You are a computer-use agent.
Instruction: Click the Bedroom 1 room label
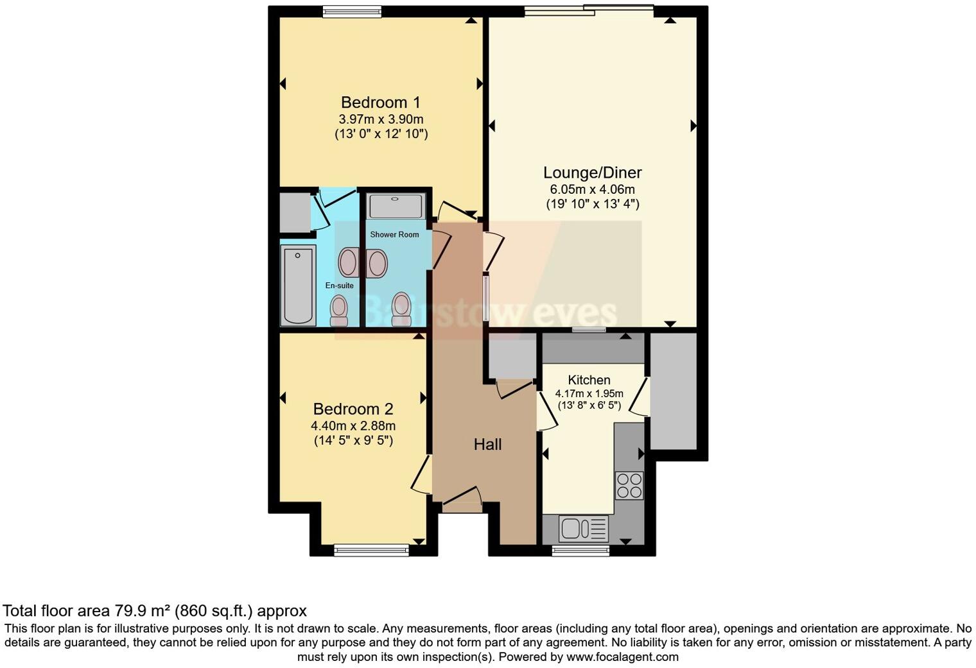pos(381,103)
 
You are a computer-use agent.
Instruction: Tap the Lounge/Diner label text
pos(592,173)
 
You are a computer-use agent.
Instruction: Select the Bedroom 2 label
pos(353,409)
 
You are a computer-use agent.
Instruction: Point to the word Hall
pos(487,445)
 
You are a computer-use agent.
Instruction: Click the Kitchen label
pos(589,380)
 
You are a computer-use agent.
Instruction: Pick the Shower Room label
pos(394,235)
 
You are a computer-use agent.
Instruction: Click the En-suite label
pos(339,286)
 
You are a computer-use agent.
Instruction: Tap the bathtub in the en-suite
pos(298,286)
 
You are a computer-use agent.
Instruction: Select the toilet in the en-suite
pos(338,311)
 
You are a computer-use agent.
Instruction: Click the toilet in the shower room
pos(401,309)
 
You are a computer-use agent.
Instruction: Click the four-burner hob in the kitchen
pos(629,485)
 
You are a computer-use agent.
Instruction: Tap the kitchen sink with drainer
pos(584,529)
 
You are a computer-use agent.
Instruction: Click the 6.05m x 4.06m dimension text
pos(592,189)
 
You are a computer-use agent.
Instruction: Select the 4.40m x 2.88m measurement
pos(353,426)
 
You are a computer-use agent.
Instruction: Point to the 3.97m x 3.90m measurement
pos(381,119)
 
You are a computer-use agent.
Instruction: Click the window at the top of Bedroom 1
pos(352,11)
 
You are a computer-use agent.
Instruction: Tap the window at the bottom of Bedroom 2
pos(372,549)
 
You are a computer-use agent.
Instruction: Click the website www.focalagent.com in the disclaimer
pos(622,657)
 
